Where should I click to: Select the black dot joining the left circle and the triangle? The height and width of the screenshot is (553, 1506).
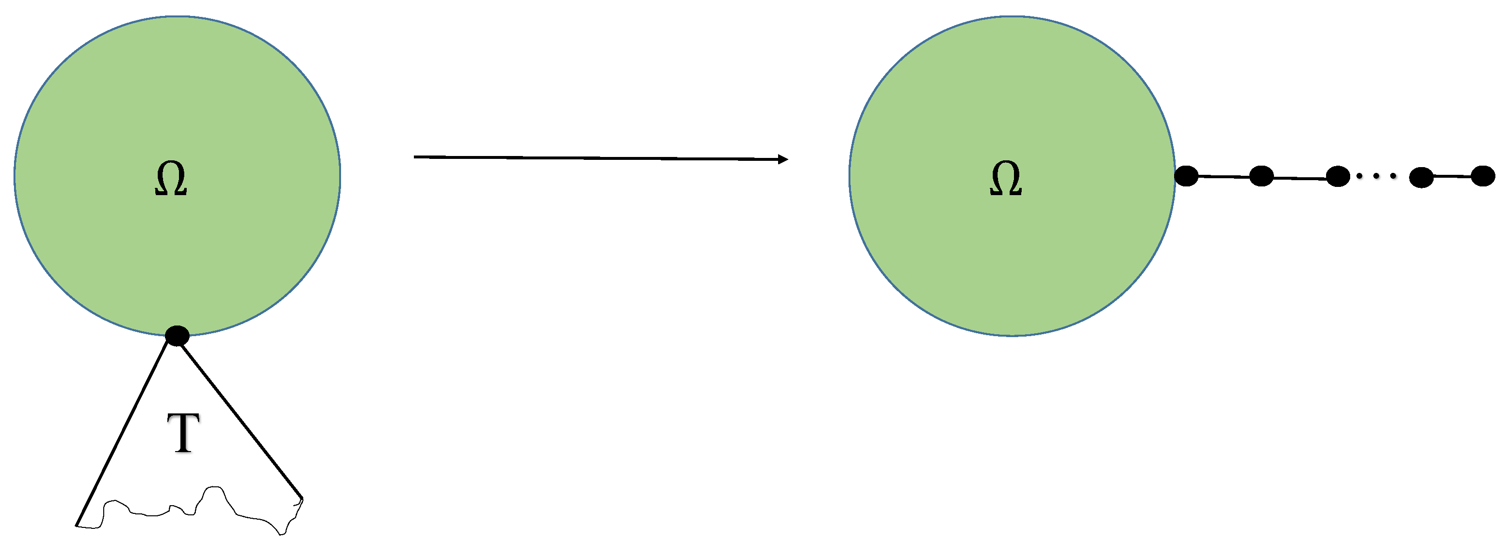click(x=177, y=336)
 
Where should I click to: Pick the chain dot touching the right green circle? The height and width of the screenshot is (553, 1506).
click(x=1186, y=175)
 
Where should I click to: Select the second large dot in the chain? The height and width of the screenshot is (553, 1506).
click(x=1261, y=176)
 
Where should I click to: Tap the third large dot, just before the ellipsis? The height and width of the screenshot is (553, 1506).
click(x=1338, y=176)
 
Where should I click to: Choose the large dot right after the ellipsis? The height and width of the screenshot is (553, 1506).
click(x=1421, y=177)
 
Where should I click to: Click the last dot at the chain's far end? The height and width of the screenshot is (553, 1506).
click(x=1483, y=175)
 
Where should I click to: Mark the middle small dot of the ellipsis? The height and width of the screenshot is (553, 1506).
click(x=1376, y=175)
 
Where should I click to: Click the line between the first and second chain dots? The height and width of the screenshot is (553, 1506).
click(x=1224, y=176)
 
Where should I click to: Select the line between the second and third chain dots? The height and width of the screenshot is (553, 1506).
click(x=1299, y=178)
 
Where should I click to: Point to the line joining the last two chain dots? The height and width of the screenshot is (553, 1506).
click(x=1452, y=176)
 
